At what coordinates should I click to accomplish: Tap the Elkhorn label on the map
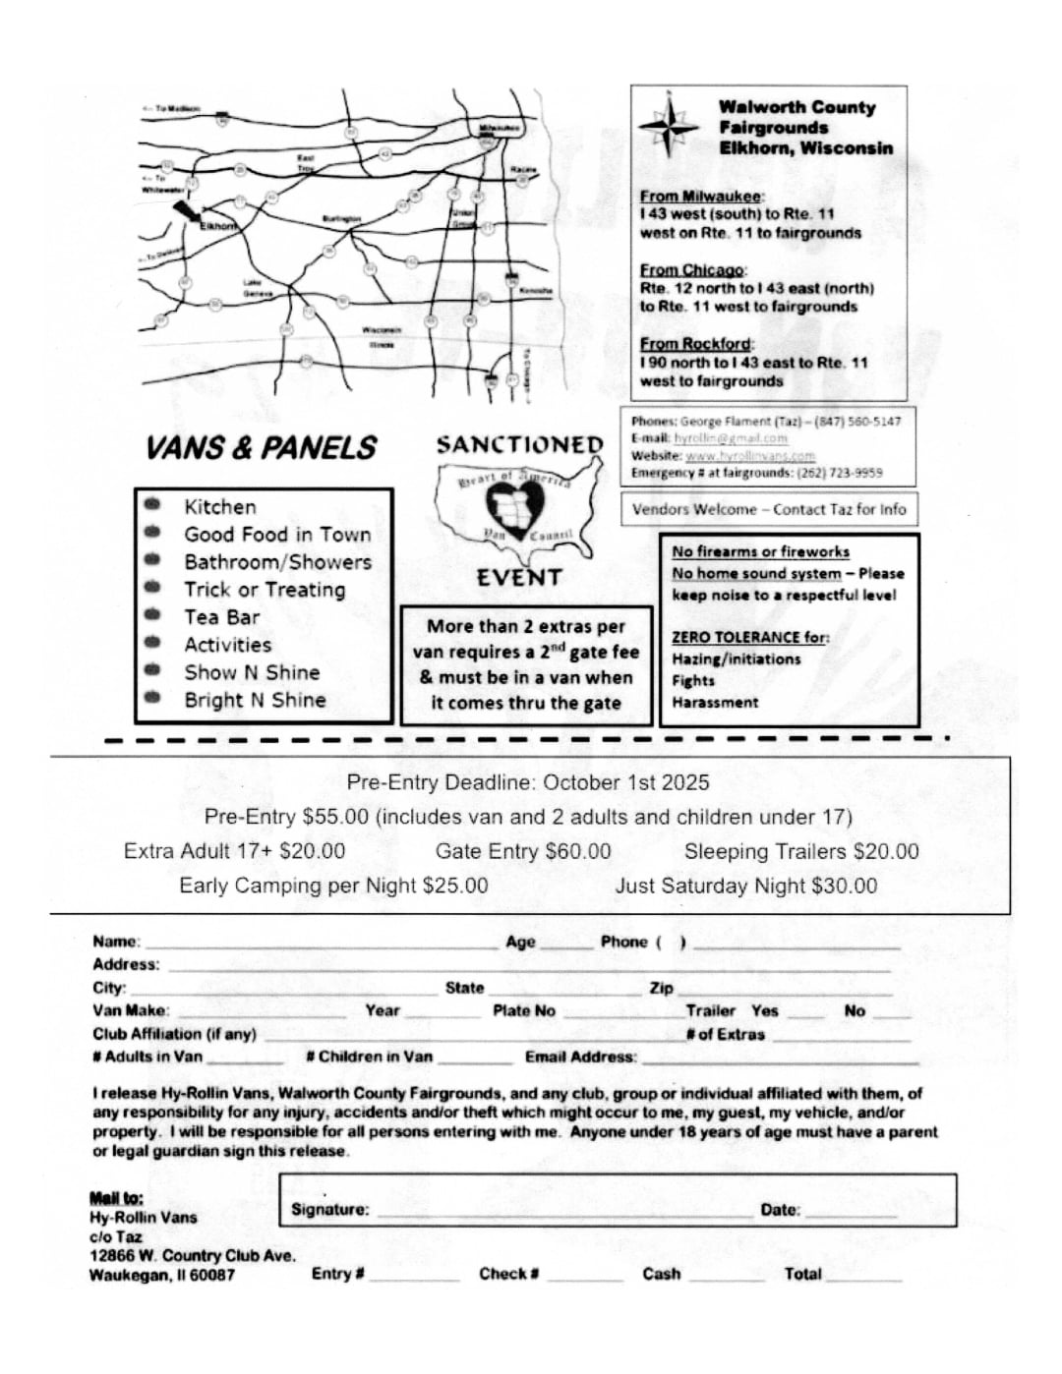pos(218,226)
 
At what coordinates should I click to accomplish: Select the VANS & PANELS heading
pos(261,448)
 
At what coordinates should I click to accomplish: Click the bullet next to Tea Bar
pos(151,615)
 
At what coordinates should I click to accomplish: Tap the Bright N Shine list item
pos(255,700)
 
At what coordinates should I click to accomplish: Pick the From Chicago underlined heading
pos(692,269)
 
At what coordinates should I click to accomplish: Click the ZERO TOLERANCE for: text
pos(749,637)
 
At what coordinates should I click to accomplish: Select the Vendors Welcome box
pos(768,509)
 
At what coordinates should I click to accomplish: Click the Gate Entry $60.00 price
pos(522,851)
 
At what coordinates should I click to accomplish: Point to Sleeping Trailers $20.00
pos(800,851)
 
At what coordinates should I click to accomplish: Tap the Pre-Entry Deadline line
pos(527,782)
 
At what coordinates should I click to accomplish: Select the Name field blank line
pos(321,945)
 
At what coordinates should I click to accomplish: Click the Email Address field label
pos(580,1057)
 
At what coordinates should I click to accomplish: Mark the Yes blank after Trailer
pos(805,1014)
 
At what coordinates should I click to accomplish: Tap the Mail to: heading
pos(116,1197)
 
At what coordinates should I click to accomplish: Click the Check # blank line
pos(585,1278)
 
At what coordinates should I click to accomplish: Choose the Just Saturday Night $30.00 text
pos(745,886)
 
